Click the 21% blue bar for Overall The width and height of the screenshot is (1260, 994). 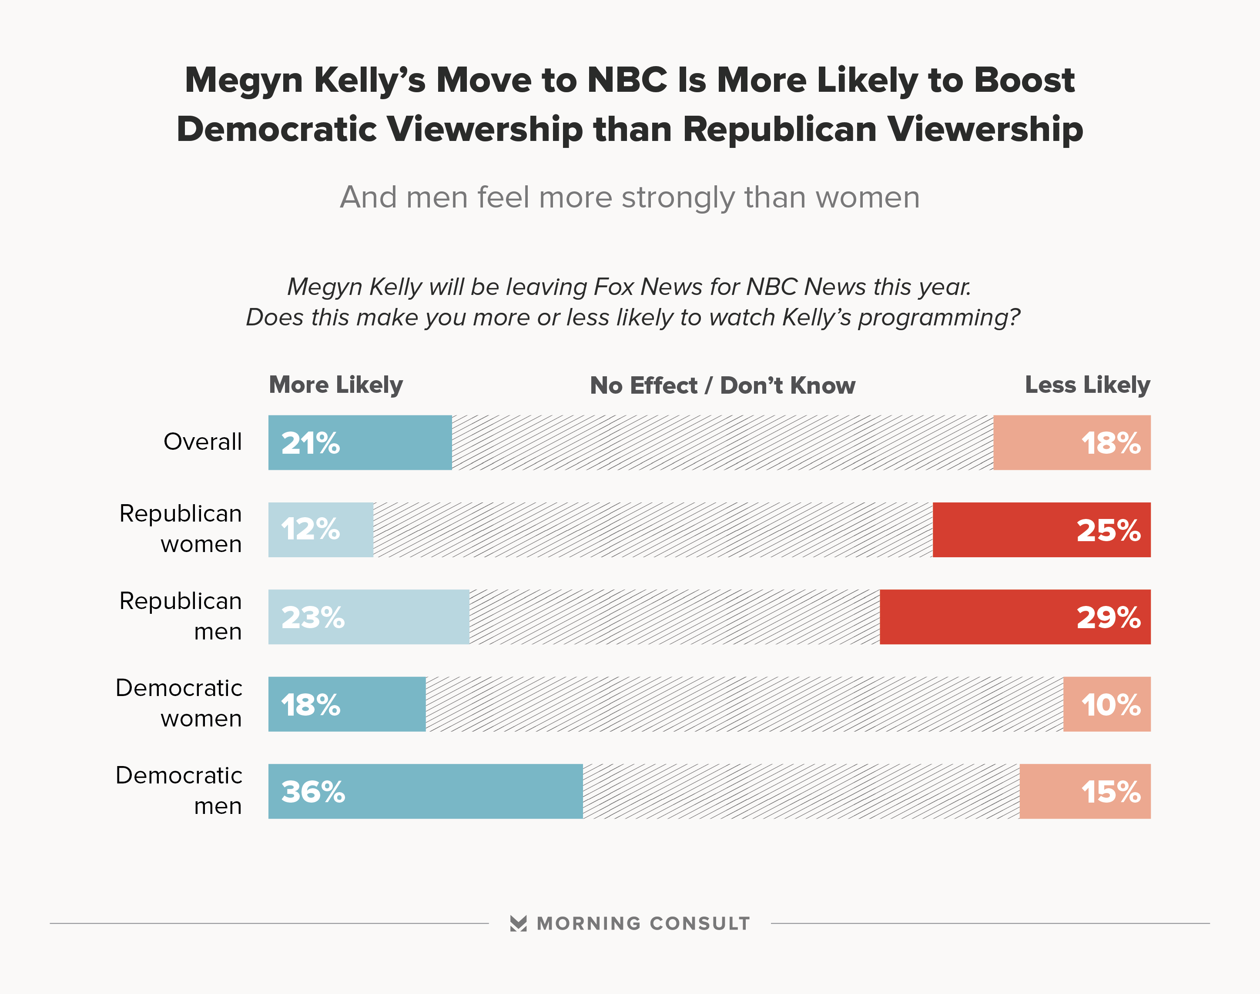coord(360,442)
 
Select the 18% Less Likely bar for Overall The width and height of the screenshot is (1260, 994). coord(1072,442)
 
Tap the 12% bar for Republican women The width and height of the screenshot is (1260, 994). coord(321,529)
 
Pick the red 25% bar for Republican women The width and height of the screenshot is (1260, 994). coord(1041,529)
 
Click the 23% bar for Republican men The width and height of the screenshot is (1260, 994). coord(369,617)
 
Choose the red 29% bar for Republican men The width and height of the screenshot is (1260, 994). coord(1015,617)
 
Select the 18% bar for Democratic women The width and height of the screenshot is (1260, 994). coord(347,704)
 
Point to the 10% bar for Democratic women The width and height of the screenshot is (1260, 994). coord(1106,704)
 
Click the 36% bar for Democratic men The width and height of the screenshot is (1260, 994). coord(426,791)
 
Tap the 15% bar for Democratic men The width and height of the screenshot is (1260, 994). coord(1084,791)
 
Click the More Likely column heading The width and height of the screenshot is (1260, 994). coord(336,385)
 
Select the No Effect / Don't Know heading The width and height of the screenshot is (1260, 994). coord(722,386)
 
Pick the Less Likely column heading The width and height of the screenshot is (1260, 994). coord(1087,385)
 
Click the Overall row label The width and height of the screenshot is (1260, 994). coord(203,442)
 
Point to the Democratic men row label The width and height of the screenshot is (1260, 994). coord(179,790)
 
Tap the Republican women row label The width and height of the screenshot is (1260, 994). coord(181,529)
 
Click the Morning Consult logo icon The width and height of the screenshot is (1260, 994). coord(518,924)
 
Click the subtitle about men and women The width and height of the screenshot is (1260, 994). coord(630,197)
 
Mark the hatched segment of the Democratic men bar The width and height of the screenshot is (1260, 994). coord(801,791)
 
